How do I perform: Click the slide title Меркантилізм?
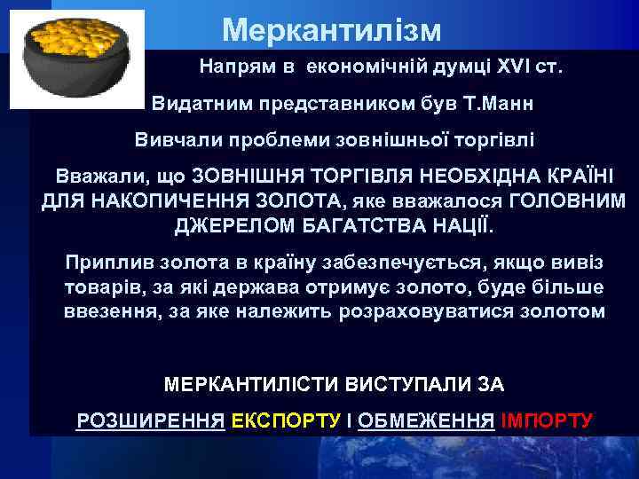click(331, 30)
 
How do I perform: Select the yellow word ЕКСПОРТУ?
click(285, 420)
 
